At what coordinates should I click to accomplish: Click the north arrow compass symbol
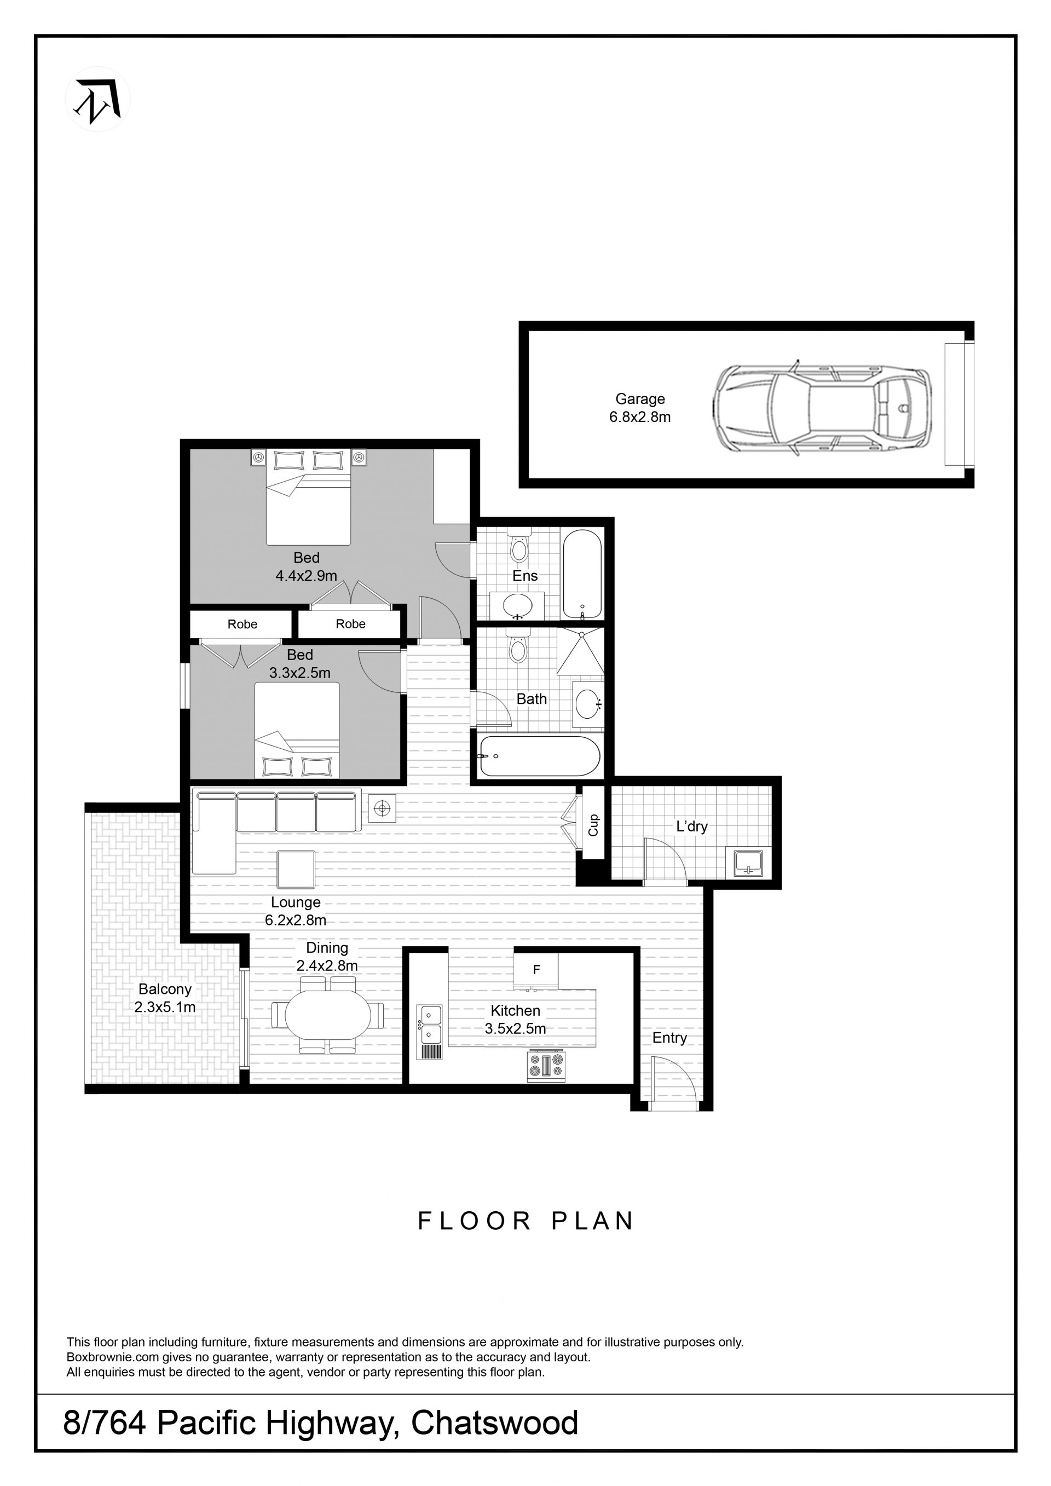(98, 100)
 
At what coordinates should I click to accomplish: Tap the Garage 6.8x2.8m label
(639, 408)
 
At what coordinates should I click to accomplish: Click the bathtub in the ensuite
(582, 574)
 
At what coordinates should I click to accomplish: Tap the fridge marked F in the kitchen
(536, 969)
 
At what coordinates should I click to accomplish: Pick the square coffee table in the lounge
(296, 869)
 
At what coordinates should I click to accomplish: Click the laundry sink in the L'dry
(749, 863)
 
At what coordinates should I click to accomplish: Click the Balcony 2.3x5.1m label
(165, 998)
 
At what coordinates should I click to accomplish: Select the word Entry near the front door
(669, 1038)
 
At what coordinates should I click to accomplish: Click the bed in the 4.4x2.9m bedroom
(309, 496)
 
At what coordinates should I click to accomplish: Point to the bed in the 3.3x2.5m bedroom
(297, 731)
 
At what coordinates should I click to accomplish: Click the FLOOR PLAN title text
(525, 1221)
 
